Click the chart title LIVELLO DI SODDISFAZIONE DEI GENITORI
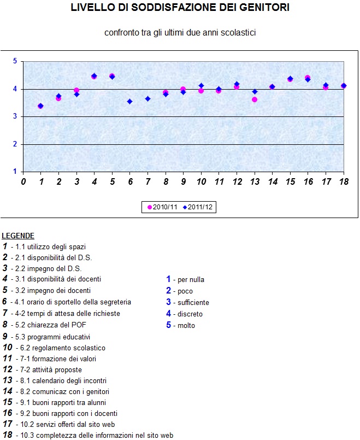180,8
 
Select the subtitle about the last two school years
180,33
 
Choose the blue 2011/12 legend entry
198,208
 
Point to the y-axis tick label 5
15,61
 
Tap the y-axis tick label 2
15,144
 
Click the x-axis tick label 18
344,181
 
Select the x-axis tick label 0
23,181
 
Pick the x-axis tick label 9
183,181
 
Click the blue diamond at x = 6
129,101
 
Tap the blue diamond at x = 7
147,98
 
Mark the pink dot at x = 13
255,99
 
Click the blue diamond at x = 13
255,92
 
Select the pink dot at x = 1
40,106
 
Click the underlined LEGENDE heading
18,236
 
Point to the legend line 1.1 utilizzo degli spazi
49,247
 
